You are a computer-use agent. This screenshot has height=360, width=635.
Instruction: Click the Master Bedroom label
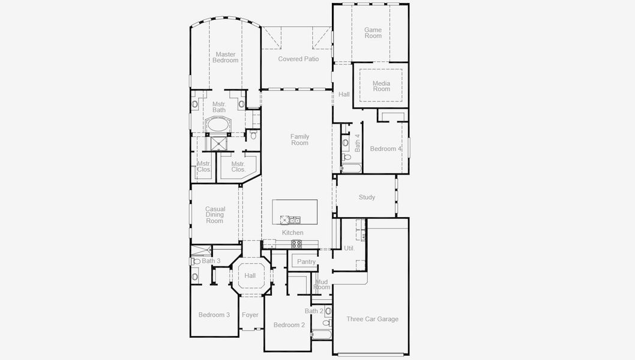[x=225, y=57]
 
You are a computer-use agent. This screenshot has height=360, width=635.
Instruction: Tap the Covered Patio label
[x=298, y=59]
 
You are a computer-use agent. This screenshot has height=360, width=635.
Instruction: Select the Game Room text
[x=373, y=32]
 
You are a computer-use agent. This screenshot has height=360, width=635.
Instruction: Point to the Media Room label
[x=381, y=86]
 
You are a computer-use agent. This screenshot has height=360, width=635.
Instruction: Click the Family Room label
[x=299, y=140]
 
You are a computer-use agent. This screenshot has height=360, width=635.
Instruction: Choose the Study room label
[x=367, y=197]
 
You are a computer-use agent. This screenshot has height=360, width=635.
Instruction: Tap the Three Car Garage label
[x=372, y=319]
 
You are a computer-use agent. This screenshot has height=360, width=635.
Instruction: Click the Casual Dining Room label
[x=215, y=215]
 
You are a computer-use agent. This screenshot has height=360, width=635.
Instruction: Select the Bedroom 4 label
[x=385, y=149]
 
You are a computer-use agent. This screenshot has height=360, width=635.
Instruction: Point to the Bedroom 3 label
[x=214, y=315]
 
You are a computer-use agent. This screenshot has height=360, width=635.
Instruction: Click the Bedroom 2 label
[x=289, y=325]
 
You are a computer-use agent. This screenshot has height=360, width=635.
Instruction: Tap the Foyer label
[x=250, y=315]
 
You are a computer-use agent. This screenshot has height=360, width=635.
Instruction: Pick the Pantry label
[x=306, y=262]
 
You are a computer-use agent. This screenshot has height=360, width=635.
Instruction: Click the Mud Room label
[x=322, y=284]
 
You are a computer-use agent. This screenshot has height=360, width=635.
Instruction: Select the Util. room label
[x=349, y=248]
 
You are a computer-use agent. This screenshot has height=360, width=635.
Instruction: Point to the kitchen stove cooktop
[x=296, y=244]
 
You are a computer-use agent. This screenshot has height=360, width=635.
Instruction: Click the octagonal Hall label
[x=250, y=276]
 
